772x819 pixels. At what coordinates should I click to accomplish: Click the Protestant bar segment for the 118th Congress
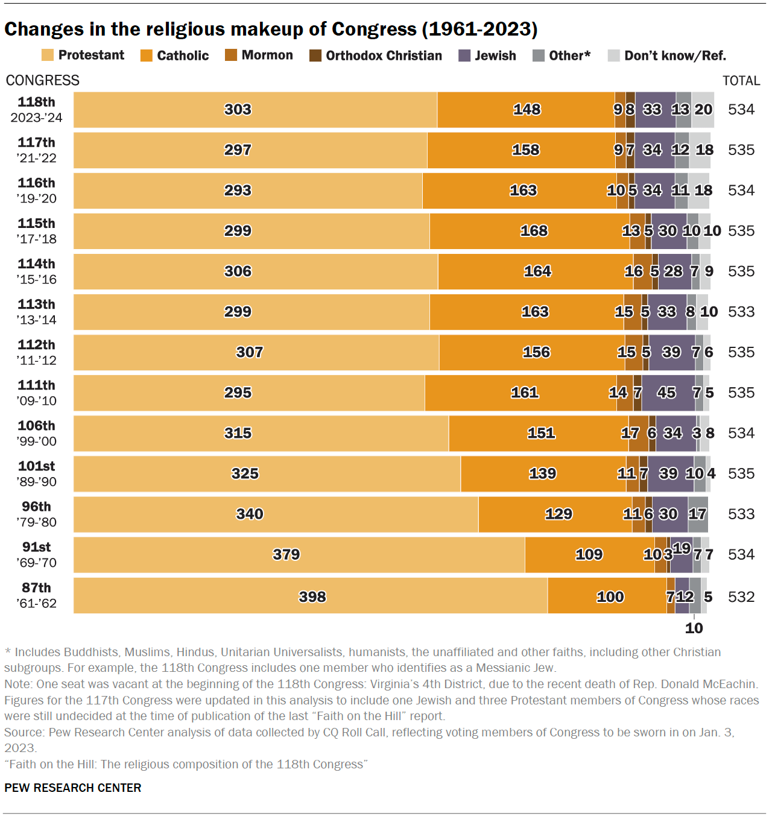255,110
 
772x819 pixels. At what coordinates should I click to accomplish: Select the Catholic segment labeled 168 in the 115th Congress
534,231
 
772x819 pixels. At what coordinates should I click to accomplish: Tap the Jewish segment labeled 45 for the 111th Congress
667,393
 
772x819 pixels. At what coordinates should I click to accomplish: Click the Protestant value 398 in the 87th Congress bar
312,596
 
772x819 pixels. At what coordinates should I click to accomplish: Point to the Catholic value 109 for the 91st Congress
589,554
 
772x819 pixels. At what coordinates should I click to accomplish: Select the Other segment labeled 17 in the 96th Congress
698,514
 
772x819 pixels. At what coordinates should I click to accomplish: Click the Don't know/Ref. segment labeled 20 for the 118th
703,110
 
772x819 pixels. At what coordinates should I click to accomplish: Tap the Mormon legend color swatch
231,55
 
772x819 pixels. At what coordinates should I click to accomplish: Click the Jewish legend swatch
464,55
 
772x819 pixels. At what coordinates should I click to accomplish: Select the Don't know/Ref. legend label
675,55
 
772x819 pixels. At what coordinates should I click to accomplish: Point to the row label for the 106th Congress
37,433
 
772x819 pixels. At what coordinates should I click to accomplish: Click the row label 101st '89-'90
37,473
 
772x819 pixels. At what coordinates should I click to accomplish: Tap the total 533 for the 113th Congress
741,312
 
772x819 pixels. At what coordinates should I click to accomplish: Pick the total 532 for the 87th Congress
741,596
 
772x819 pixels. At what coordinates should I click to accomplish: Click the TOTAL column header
741,81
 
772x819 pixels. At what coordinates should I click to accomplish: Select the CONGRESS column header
43,81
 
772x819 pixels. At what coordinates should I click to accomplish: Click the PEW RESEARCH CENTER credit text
73,788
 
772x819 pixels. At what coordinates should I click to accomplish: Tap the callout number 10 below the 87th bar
694,628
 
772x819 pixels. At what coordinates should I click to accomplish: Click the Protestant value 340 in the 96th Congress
250,514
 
